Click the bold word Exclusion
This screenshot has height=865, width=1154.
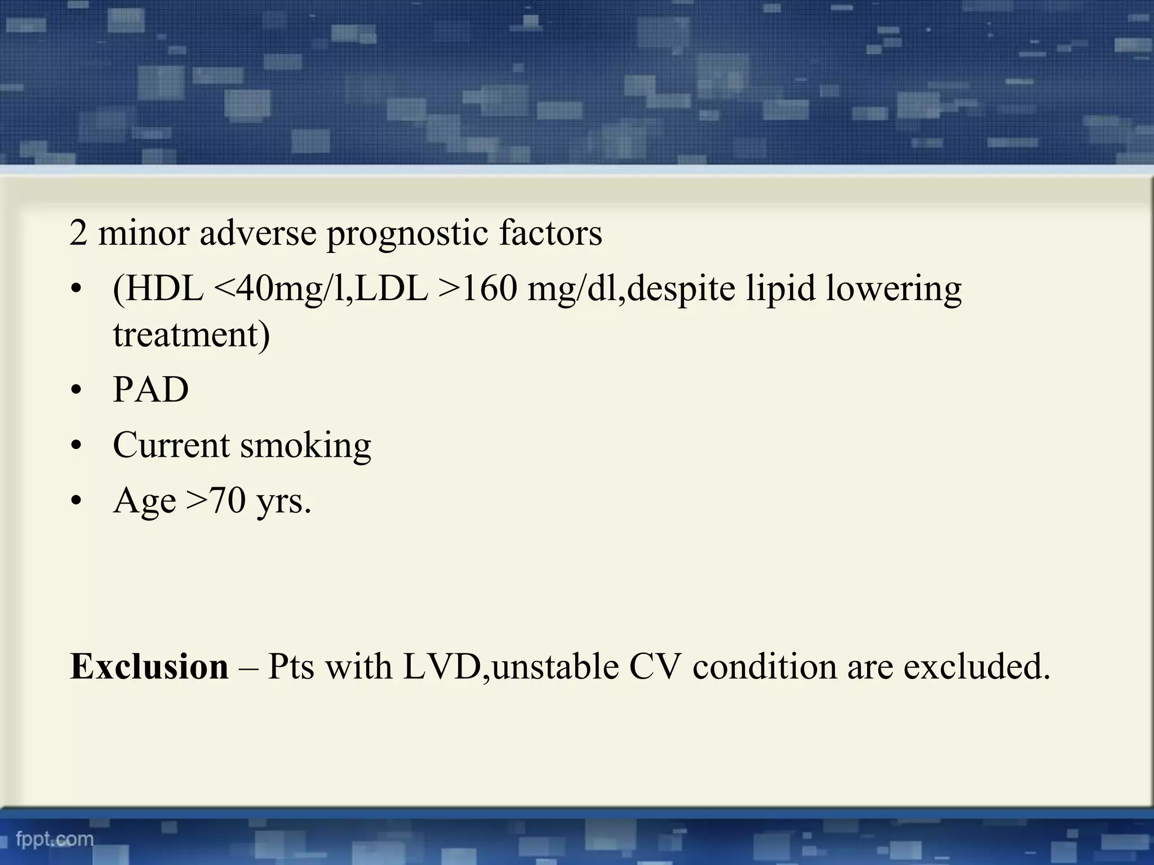pos(149,667)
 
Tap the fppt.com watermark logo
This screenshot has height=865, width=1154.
pos(55,839)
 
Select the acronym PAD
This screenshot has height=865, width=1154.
pos(150,390)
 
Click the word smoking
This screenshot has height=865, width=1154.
pos(305,446)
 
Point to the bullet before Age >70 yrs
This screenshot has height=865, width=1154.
pos(77,501)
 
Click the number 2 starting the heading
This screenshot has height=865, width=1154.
pos(78,233)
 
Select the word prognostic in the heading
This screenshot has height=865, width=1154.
pos(407,234)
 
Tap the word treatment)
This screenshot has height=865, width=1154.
pos(192,335)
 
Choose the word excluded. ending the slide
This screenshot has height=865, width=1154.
pos(977,667)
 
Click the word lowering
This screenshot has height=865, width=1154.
pos(894,289)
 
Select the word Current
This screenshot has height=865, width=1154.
pos(171,445)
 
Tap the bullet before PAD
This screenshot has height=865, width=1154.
pos(77,390)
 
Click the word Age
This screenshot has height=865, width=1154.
pos(144,501)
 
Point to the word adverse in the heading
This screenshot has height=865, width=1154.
pos(258,233)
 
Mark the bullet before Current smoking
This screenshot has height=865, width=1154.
pos(77,445)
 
